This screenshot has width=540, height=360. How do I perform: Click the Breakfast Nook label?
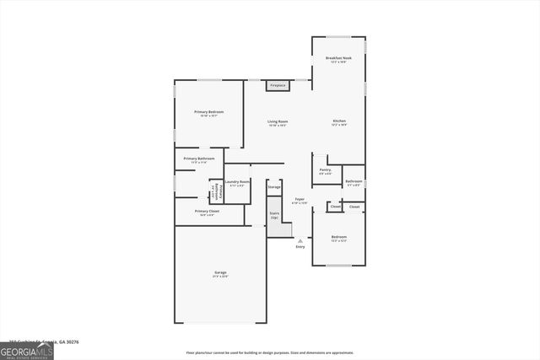click(338, 58)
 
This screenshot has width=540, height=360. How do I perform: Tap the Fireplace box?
click(277, 85)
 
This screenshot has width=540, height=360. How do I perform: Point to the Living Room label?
click(278, 122)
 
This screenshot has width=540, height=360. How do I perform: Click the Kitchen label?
click(338, 122)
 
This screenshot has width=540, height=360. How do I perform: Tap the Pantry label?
click(325, 171)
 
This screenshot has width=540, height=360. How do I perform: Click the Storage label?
click(274, 186)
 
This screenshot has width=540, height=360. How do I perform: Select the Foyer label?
click(299, 201)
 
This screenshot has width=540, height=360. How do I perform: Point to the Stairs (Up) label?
click(274, 215)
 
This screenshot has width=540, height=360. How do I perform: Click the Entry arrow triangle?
click(300, 240)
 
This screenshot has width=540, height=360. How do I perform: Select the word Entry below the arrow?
click(300, 247)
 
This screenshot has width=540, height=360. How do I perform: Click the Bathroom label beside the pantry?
click(354, 182)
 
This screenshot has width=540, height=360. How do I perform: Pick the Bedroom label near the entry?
click(337, 238)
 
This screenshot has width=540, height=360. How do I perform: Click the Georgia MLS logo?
click(27, 352)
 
